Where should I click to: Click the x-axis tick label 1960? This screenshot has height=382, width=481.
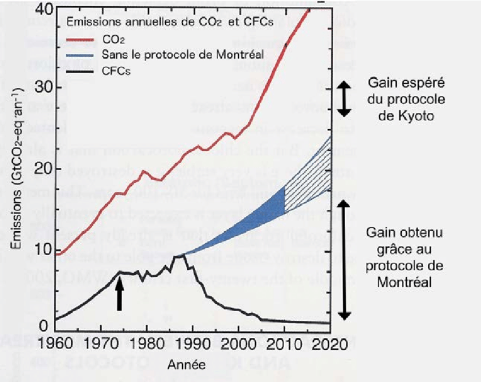point(57,346)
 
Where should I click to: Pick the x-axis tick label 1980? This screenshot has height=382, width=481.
point(147,346)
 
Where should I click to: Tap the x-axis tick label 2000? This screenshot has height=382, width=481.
point(238,346)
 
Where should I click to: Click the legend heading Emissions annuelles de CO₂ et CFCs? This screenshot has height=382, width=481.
point(170,22)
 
